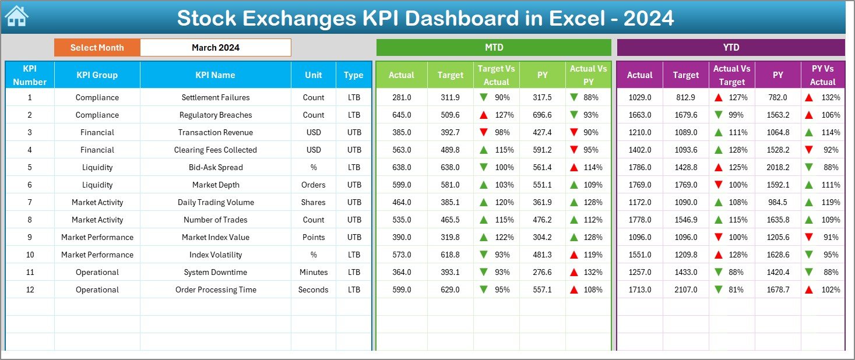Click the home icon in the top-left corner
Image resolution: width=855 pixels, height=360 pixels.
click(16, 17)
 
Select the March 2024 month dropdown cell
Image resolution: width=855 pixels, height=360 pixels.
click(215, 48)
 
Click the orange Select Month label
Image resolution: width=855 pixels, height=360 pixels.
click(97, 48)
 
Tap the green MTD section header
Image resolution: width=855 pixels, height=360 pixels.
click(494, 48)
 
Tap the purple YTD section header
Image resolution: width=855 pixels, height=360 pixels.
click(730, 48)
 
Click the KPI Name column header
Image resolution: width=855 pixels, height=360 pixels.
click(215, 75)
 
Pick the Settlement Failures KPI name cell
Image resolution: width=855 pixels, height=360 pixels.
click(215, 97)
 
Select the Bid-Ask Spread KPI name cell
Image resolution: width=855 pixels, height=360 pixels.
click(215, 167)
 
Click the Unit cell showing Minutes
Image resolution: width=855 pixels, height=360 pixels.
click(314, 272)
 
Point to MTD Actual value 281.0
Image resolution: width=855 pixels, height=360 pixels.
click(402, 97)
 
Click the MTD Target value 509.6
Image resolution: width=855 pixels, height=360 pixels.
click(450, 115)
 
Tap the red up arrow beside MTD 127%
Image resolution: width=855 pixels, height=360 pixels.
click(483, 115)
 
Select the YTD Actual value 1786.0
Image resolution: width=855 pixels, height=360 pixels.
click(639, 167)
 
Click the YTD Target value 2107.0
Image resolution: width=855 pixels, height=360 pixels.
click(685, 290)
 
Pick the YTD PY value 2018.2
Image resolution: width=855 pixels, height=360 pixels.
click(778, 167)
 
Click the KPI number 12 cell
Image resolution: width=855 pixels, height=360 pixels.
click(30, 290)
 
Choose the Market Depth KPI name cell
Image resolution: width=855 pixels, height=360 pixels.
click(215, 185)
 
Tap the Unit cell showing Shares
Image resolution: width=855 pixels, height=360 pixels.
click(314, 202)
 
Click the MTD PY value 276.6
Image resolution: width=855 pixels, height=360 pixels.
click(542, 272)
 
